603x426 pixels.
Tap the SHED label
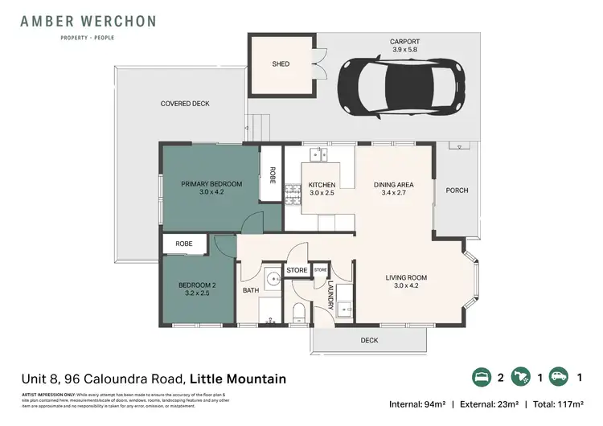[x=281, y=63]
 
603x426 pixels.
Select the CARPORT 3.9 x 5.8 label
[x=404, y=45]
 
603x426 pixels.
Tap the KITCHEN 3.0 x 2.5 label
[x=322, y=190]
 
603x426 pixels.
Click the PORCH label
[x=457, y=190]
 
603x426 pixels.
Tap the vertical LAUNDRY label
[x=330, y=295]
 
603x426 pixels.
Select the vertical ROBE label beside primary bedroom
[x=273, y=176]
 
